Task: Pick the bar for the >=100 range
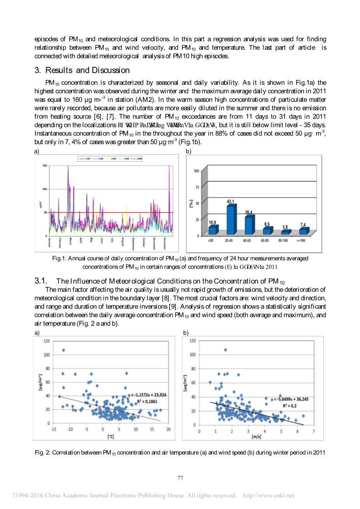[x=303, y=231]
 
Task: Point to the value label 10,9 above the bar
[x=213, y=222]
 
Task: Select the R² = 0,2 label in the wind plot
[x=290, y=406]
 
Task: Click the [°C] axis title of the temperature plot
[x=110, y=437]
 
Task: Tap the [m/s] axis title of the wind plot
[x=256, y=437]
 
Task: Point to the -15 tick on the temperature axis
[x=53, y=429]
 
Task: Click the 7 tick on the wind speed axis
[x=313, y=431]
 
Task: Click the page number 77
[x=180, y=478]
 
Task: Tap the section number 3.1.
[x=41, y=281]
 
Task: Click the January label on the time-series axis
[x=49, y=242]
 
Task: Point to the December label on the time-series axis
[x=165, y=243]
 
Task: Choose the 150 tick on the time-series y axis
[x=45, y=166]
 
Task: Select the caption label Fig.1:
[x=59, y=259]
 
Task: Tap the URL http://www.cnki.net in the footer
[x=269, y=495]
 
